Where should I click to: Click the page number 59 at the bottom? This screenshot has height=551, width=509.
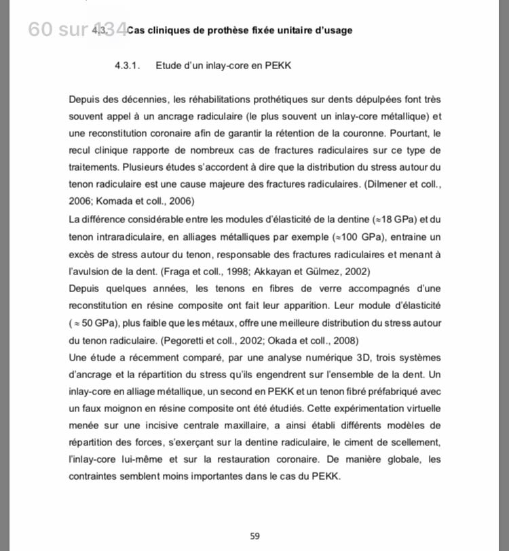tap(254, 536)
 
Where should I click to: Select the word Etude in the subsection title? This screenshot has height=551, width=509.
tap(169, 66)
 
